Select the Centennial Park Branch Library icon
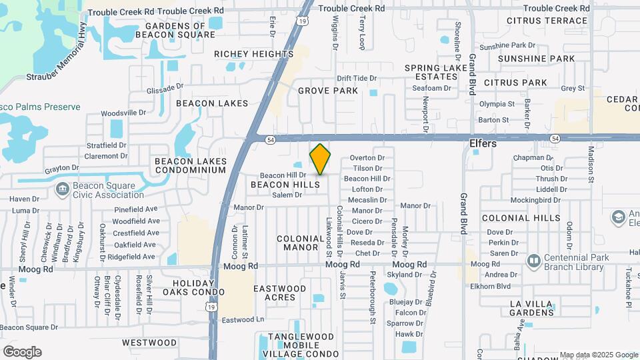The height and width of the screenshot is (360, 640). (x=533, y=260)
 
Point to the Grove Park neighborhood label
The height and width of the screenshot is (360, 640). (x=328, y=91)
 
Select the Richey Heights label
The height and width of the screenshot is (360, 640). (x=254, y=54)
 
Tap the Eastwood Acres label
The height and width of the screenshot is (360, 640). (x=280, y=293)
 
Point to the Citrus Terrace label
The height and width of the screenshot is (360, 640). (x=547, y=21)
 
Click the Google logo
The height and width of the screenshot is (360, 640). (x=22, y=352)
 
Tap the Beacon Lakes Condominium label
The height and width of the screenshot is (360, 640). (x=191, y=165)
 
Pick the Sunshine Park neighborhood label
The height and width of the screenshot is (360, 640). (x=545, y=59)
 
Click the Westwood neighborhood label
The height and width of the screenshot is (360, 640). (x=150, y=343)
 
